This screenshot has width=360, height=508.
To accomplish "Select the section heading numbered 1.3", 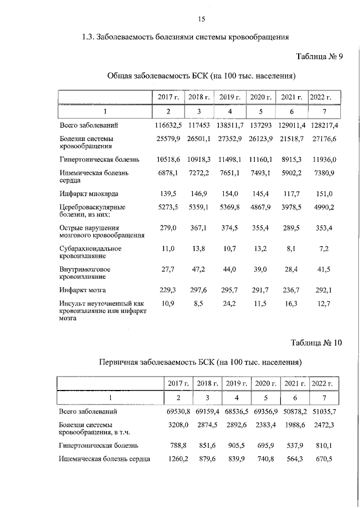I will [x=185, y=38].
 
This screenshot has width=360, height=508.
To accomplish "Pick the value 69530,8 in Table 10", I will [x=178, y=412].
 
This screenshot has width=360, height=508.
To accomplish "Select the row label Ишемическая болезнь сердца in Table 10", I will [x=104, y=459].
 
